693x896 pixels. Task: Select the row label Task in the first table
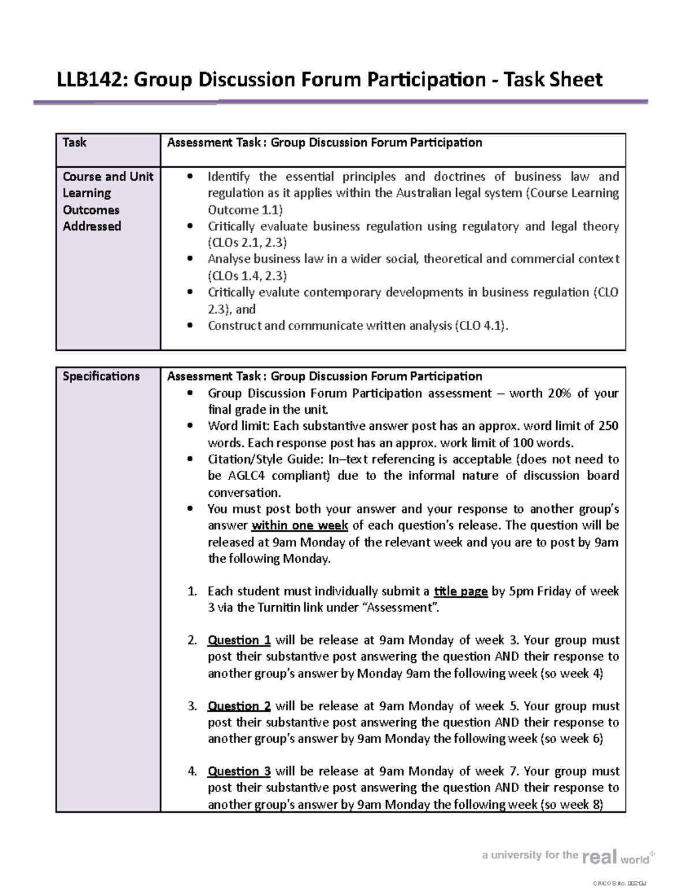(74, 143)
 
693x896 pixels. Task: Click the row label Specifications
(101, 376)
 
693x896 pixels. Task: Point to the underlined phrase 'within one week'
(300, 526)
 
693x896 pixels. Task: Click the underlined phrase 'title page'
(460, 591)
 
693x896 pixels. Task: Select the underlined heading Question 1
(239, 640)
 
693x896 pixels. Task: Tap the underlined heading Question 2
(239, 706)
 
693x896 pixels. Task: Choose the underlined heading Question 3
(239, 771)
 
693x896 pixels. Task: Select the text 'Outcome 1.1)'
(245, 209)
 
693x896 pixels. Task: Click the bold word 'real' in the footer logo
(600, 857)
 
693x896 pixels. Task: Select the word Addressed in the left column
(92, 226)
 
